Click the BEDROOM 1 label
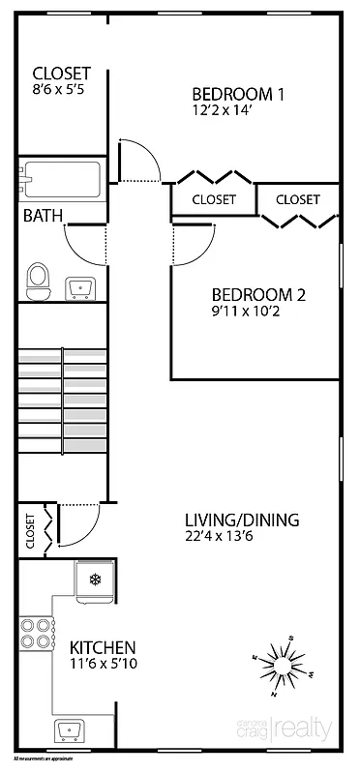pos(238,94)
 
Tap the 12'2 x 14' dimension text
pos(225,110)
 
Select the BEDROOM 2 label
pos(258,295)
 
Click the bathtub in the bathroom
pos(61,179)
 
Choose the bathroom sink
pos(78,287)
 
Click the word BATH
pos(43,216)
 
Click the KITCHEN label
pos(102,647)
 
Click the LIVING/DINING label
pos(242,520)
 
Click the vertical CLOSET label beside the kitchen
pos(30,530)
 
